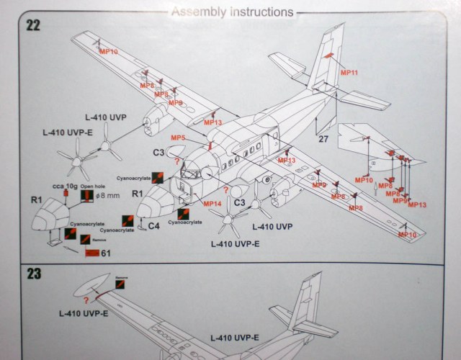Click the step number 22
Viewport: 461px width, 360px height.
33,25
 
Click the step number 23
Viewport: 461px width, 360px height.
33,274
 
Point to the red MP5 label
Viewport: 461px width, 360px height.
178,138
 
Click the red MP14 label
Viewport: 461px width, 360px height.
212,204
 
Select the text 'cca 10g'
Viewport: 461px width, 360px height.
63,186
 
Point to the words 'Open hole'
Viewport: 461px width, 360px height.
92,186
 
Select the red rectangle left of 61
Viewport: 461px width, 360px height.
91,253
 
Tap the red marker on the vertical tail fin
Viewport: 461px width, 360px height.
328,55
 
